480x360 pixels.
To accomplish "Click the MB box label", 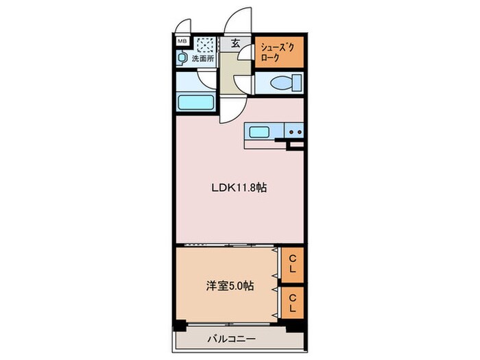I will click(x=182, y=42).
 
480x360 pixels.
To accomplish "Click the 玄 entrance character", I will click(x=235, y=43).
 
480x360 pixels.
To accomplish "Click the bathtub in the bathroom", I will click(x=197, y=103).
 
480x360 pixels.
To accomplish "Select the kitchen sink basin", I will click(x=261, y=132).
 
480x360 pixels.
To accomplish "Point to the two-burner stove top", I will click(x=294, y=132).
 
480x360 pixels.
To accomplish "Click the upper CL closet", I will click(x=291, y=264).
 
